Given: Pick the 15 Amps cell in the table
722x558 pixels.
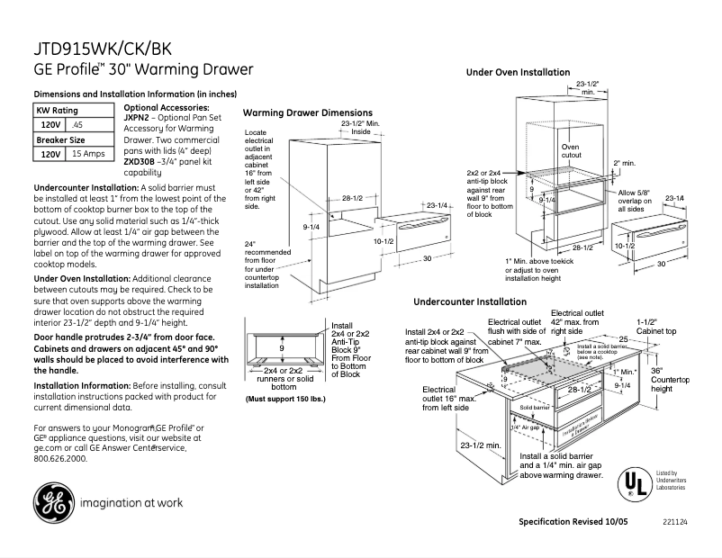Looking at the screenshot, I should pyautogui.click(x=88, y=154).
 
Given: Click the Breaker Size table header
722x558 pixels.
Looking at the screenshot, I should pyautogui.click(x=60, y=139).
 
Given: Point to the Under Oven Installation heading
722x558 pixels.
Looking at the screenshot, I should pyautogui.click(x=518, y=72).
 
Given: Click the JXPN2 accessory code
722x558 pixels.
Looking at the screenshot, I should pyautogui.click(x=136, y=118).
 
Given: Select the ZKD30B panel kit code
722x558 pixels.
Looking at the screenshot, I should pyautogui.click(x=137, y=161).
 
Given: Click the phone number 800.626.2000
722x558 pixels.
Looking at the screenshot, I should pyautogui.click(x=59, y=458).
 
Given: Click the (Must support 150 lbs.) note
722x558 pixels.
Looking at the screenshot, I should pyautogui.click(x=285, y=397).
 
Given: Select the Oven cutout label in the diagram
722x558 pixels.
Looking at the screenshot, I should pyautogui.click(x=571, y=150).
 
